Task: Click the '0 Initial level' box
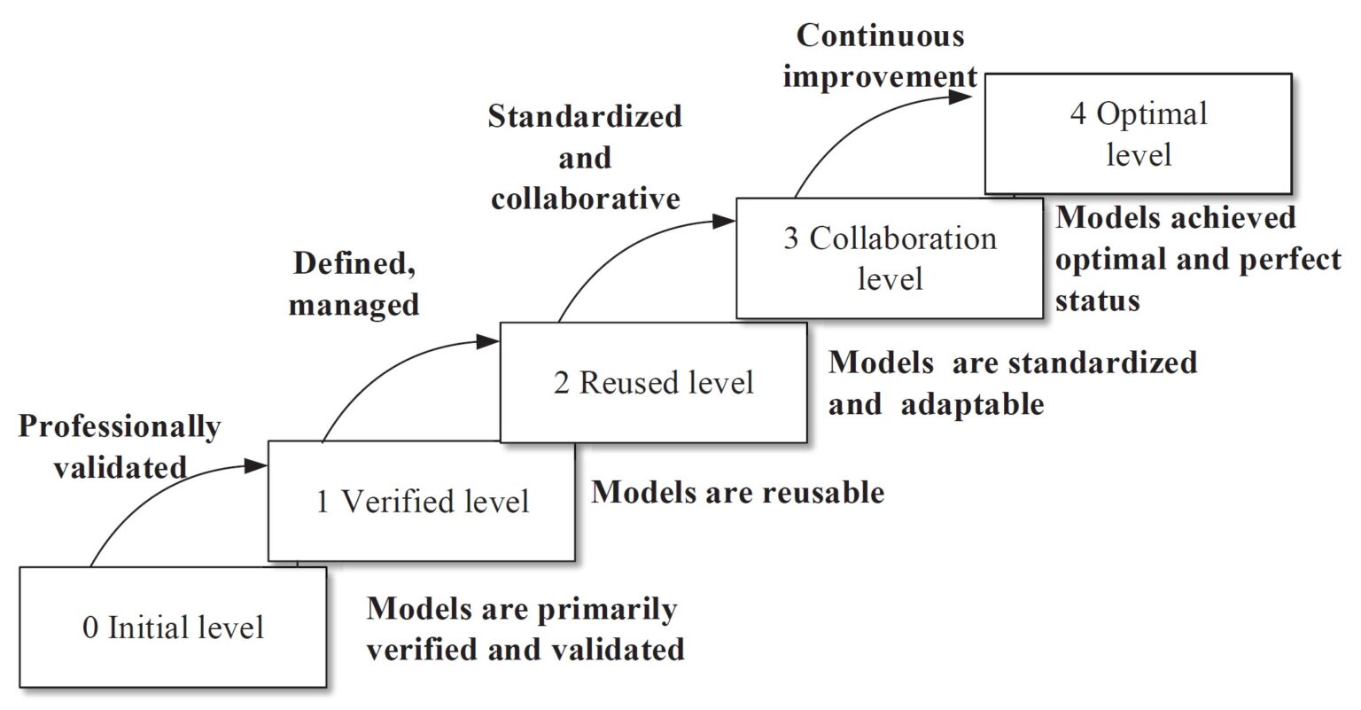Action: [173, 627]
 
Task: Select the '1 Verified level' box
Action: [422, 502]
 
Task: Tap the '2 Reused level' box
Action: [654, 382]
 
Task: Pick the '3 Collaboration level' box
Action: [890, 258]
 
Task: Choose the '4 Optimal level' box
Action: [1138, 134]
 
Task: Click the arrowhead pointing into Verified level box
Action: [258, 464]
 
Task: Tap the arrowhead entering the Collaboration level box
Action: [727, 222]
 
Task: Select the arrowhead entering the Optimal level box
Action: [965, 96]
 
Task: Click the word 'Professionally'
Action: [120, 427]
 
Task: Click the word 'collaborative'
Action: [587, 198]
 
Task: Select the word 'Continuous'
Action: [880, 36]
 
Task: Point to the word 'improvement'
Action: [880, 76]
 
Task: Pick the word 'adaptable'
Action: [973, 404]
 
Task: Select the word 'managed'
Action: [354, 305]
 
